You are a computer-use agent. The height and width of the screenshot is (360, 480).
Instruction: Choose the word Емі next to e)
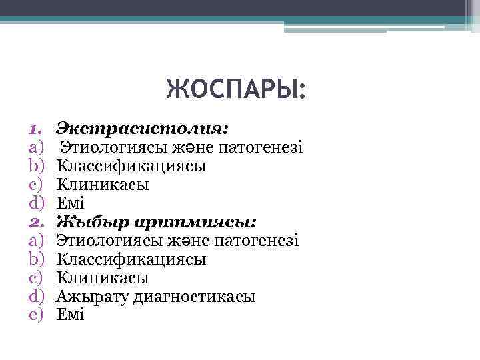coord(71,315)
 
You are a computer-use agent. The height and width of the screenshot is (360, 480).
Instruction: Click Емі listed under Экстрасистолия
coord(71,202)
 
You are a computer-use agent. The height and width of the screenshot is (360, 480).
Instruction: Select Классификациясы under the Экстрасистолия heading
coord(131,165)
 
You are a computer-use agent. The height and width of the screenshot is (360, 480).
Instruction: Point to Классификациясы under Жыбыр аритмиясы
coord(131,259)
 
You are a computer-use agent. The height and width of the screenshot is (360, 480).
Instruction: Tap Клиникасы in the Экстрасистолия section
coord(103,183)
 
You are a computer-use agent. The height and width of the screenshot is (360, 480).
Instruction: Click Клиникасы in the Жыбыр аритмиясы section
coord(103,277)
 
